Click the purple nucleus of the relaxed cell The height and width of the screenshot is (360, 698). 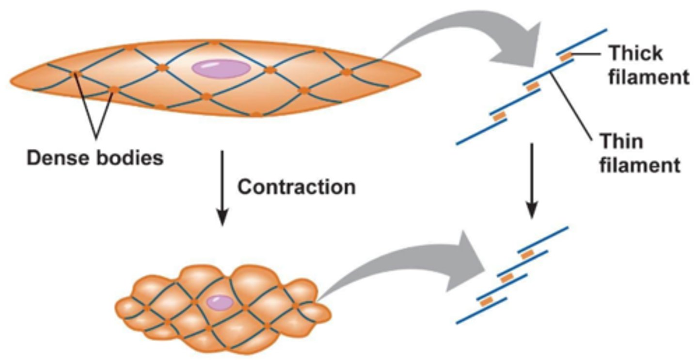click(221, 68)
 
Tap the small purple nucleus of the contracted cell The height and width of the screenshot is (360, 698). click(219, 303)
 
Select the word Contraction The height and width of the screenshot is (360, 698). click(296, 187)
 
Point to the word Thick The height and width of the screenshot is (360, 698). click(635, 52)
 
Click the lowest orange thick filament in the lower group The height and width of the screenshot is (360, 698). click(486, 301)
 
